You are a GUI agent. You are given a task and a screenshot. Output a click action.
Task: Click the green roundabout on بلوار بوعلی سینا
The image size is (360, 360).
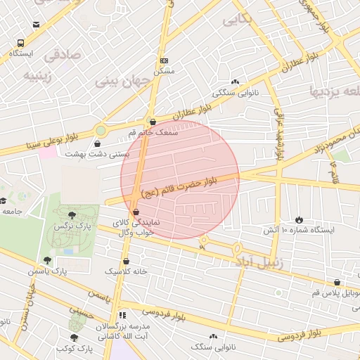[101, 130]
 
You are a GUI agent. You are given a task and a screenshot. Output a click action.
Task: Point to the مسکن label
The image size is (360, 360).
[164, 71]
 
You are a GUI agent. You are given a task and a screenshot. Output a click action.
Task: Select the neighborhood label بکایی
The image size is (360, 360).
[237, 20]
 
